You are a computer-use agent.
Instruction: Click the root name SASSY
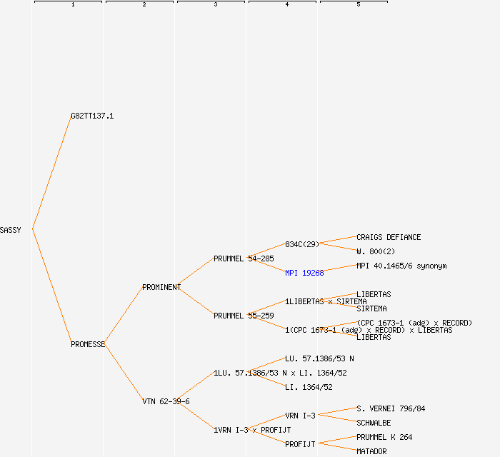pos(11,230)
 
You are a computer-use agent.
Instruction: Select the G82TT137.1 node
pos(92,116)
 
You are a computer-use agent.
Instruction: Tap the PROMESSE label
pos(88,344)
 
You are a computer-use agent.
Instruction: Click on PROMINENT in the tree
pos(161,287)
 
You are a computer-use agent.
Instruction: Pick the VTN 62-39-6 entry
pos(166,401)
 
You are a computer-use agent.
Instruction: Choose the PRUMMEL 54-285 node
pos(244,258)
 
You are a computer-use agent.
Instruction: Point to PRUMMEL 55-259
pos(244,316)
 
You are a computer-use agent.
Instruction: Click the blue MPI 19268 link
pos(304,273)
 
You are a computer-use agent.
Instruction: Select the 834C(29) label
pos(302,244)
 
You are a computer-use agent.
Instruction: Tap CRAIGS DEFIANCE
pos(389,237)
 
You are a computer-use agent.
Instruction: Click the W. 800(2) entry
pos(376,251)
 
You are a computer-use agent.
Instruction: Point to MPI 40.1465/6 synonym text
pos(401,266)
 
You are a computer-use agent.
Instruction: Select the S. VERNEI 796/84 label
pos(391,408)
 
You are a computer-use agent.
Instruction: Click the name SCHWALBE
pos(374,423)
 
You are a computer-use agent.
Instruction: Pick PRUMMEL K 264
pos(384,437)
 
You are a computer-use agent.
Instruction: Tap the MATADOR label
pos(371,451)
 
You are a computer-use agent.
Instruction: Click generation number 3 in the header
pos(215,5)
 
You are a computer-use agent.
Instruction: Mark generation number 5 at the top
pos(358,5)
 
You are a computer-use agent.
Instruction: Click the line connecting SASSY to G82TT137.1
pos(51,173)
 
